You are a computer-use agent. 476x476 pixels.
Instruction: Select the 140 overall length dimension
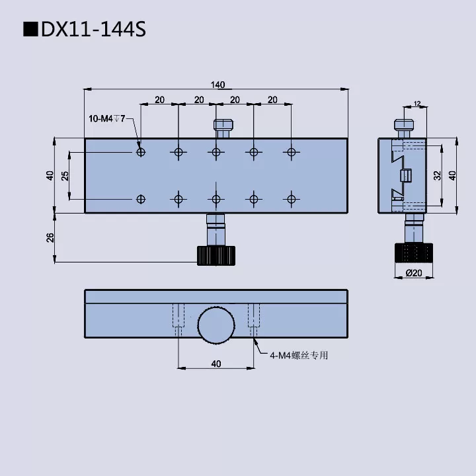[218, 84]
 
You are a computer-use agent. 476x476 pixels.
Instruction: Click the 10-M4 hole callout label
[106, 118]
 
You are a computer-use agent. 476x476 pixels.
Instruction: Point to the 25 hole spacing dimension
[64, 175]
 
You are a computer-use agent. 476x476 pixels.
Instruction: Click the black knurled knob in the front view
[216, 255]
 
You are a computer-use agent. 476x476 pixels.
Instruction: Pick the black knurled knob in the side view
[414, 253]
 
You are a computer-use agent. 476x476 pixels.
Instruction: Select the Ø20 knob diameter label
[413, 273]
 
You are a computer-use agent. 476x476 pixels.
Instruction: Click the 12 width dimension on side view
[416, 104]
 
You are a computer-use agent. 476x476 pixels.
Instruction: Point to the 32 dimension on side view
[436, 175]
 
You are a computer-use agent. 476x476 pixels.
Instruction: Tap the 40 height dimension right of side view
[452, 175]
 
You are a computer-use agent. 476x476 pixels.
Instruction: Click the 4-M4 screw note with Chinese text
[298, 356]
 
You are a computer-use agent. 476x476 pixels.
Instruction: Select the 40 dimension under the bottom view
[216, 363]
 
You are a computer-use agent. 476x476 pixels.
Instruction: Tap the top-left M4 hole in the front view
[140, 152]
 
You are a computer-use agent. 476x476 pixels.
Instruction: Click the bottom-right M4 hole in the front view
[291, 198]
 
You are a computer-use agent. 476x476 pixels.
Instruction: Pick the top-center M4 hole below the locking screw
[216, 152]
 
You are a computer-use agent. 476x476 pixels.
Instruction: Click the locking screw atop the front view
[223, 127]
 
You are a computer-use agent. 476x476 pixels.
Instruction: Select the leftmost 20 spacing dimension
[159, 100]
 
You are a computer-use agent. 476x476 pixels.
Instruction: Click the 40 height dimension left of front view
[50, 175]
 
